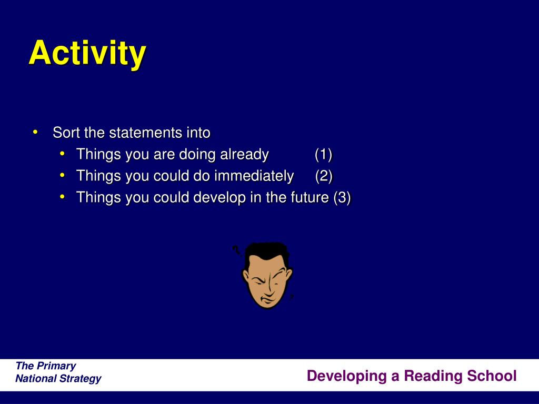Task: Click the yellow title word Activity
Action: [88, 54]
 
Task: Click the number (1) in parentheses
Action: [323, 155]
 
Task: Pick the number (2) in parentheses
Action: [324, 176]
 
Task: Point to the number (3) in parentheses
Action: [342, 198]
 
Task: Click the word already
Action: [244, 155]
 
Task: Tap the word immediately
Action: [254, 176]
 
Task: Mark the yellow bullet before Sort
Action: [35, 132]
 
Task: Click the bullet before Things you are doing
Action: [62, 154]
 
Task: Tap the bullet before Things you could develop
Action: [62, 197]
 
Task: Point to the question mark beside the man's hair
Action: [236, 250]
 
